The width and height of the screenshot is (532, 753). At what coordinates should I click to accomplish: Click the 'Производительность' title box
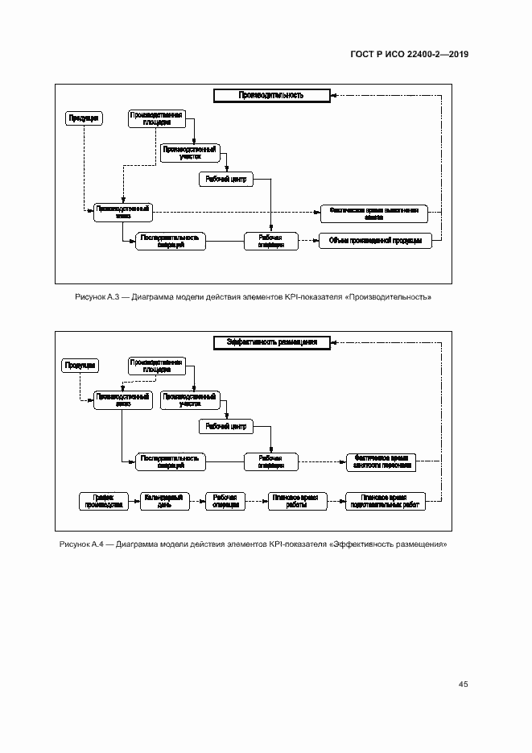click(271, 96)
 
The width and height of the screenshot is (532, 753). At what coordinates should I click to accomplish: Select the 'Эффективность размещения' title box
click(271, 342)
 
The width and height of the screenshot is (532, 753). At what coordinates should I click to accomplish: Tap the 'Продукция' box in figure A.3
click(84, 118)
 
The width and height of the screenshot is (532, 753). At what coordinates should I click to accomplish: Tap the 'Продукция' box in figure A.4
click(80, 365)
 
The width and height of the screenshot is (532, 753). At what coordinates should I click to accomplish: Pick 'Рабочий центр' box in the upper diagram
click(226, 179)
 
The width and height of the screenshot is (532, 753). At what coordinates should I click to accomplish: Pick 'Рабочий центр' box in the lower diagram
click(226, 425)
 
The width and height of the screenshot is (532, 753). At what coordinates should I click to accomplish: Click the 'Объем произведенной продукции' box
click(375, 241)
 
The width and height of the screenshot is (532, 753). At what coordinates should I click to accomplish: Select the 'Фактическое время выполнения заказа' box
click(374, 213)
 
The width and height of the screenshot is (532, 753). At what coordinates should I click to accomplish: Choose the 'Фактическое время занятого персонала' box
click(381, 461)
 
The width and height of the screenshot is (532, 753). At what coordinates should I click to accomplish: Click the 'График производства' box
click(102, 501)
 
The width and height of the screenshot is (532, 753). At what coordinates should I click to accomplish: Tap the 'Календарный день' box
click(165, 501)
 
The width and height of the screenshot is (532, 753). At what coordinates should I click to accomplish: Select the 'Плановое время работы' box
click(295, 501)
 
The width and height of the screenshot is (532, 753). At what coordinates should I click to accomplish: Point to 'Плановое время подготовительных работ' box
click(385, 501)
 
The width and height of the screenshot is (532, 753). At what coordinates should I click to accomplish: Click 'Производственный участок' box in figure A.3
click(189, 152)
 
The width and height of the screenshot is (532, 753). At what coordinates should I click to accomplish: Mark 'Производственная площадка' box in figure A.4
click(156, 365)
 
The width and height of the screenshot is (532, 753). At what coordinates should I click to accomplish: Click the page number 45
click(463, 684)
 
